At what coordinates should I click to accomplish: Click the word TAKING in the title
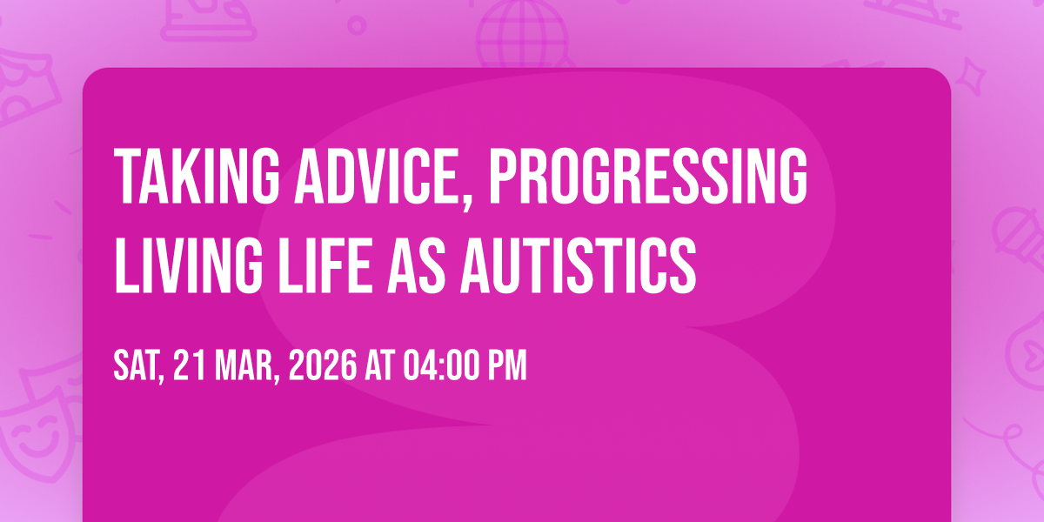coord(197,176)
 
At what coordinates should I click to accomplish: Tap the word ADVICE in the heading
coord(376,176)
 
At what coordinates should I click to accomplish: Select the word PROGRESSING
coord(648,176)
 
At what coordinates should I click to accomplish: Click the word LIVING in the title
coord(189,265)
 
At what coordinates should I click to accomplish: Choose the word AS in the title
coord(416,265)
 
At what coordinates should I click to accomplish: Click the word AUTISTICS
coord(579,265)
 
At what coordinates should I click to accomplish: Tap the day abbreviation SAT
coord(137,365)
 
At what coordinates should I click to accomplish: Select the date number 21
coord(190,365)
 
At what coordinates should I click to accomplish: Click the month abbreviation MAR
coord(244,365)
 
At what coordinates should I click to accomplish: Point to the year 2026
coord(323,365)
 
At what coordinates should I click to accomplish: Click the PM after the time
coord(507,365)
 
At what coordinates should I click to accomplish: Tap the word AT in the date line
coord(380,365)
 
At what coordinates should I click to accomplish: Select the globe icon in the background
coord(523,34)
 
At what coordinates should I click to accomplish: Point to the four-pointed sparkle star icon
coord(971,76)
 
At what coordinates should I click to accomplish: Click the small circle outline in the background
coord(357,25)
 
